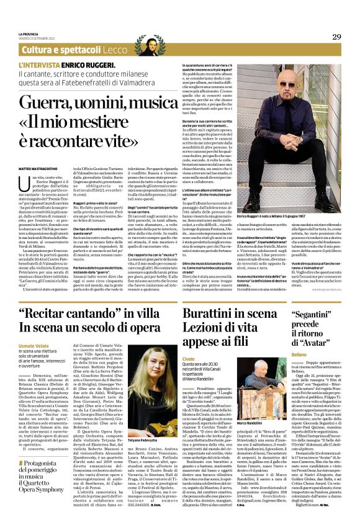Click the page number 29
[336, 37]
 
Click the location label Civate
[189, 359]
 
